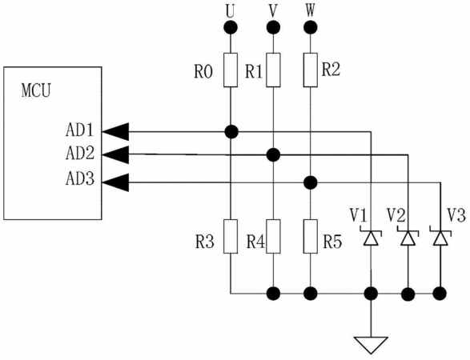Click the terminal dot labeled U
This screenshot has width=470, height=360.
coord(231,27)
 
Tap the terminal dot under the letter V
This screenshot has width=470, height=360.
coord(273,27)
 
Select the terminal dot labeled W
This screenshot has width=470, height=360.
coord(310,27)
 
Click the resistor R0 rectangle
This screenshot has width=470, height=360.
coord(231,70)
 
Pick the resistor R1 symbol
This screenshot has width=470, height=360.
coord(273,70)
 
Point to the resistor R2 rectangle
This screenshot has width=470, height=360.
coord(310,70)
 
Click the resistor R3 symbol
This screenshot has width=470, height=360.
coord(231,236)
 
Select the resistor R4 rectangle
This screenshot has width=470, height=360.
coord(273,236)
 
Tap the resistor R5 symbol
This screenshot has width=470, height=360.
coord(310,236)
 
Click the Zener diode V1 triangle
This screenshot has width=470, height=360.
coord(371,238)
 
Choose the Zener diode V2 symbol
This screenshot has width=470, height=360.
coord(408,238)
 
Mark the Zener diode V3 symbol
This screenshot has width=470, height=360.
coord(440,238)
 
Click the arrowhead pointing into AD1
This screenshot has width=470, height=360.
coord(115,131)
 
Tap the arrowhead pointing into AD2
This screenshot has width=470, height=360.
coord(115,154)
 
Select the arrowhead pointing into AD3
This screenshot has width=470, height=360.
coord(115,182)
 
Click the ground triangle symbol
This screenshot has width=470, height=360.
coord(371,345)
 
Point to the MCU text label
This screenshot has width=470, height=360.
coord(36,90)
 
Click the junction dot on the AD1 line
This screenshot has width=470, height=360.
coord(231,131)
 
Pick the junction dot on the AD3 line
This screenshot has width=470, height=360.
coord(310,182)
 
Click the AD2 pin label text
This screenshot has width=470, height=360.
coord(80,153)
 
